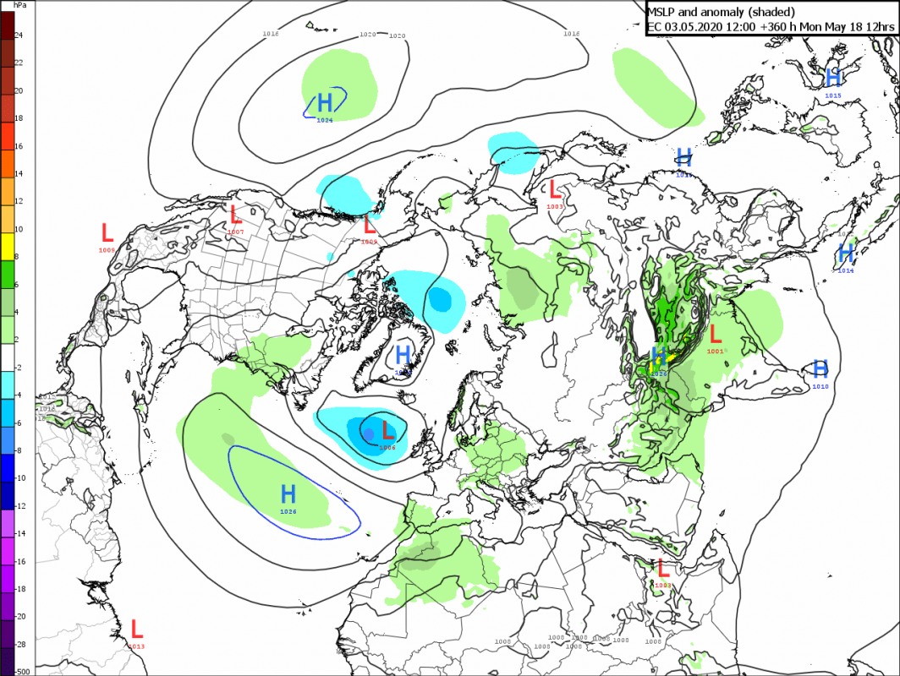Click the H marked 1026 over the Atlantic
(288, 494)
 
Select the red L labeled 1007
(236, 215)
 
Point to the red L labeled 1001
(716, 334)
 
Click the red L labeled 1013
(136, 629)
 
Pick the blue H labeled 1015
(833, 79)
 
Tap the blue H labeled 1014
(845, 253)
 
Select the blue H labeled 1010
(820, 369)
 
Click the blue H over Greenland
(403, 355)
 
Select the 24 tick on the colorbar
(18, 35)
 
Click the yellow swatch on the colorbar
(7, 243)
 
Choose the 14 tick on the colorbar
(18, 174)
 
